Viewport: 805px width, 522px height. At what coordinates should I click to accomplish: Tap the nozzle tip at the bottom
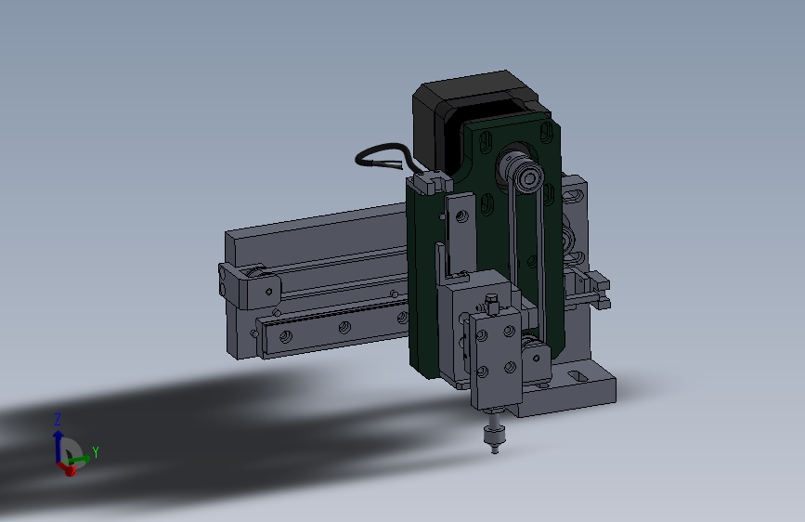pos(495,450)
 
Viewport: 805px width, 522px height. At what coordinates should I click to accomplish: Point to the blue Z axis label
pos(58,419)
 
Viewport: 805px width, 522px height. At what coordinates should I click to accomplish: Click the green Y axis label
pos(95,452)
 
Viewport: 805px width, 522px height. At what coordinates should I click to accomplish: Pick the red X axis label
pos(73,470)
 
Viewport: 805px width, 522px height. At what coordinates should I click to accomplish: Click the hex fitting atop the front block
pos(491,304)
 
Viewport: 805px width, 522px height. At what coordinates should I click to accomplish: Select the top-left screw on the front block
pos(482,335)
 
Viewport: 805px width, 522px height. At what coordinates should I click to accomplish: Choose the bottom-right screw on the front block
pos(511,367)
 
